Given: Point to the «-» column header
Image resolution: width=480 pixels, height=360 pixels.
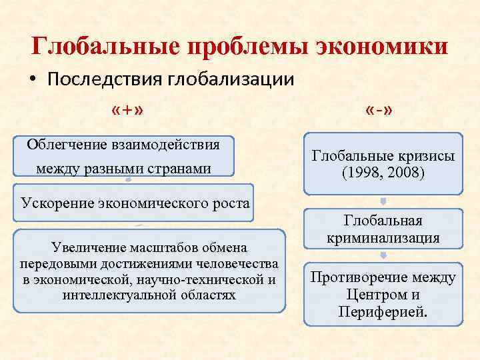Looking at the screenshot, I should point(383,110).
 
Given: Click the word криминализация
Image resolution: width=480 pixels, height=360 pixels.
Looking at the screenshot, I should point(383,237).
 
